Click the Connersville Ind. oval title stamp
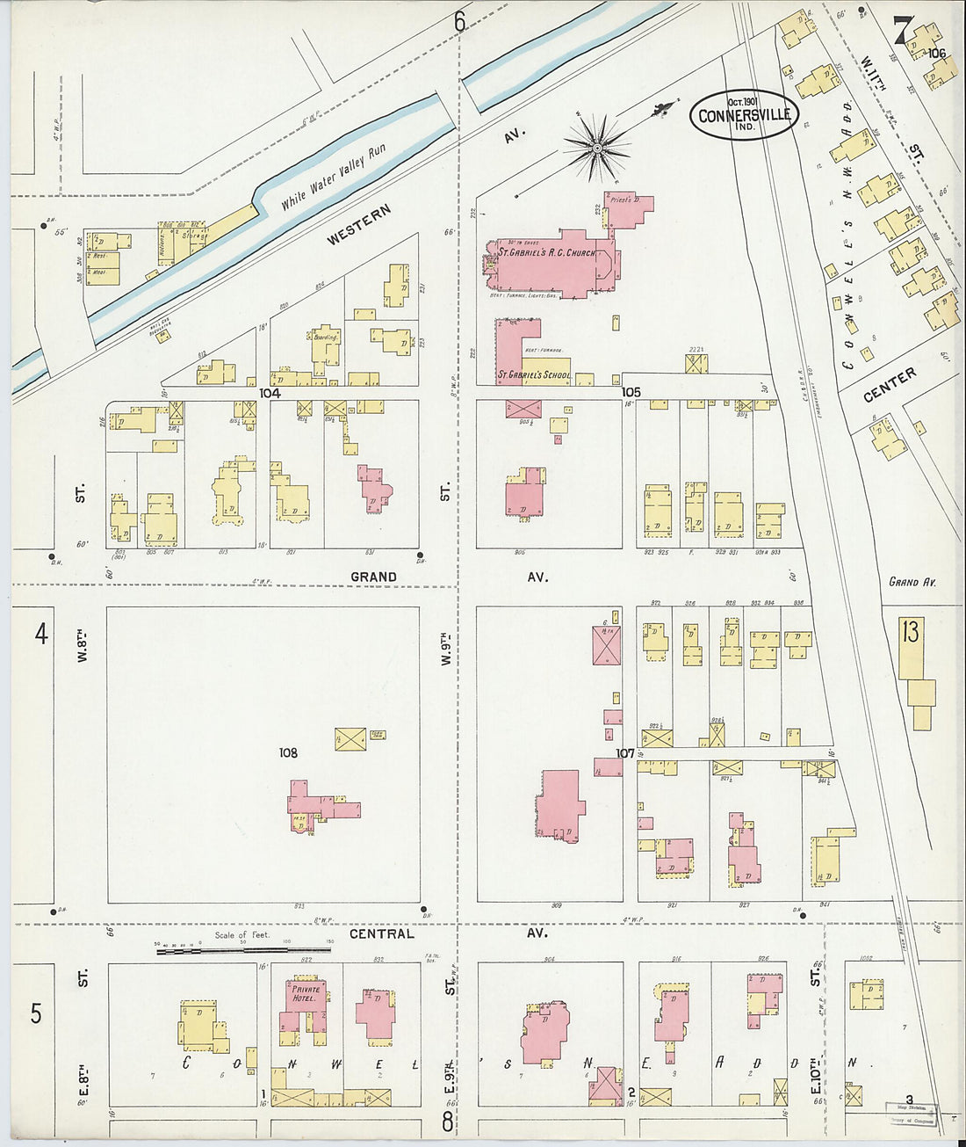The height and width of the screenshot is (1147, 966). pos(745,115)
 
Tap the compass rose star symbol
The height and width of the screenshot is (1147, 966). pos(597,148)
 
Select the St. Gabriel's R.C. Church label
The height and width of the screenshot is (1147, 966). pos(546,253)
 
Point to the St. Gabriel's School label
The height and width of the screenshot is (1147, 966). pos(534,374)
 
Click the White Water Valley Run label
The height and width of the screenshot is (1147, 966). pos(334,178)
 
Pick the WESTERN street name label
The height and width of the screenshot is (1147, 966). pos(358,226)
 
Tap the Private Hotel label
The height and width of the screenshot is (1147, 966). pos(306,993)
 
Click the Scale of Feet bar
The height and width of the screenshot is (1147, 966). pos(243,950)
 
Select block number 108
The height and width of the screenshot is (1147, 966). pos(288,752)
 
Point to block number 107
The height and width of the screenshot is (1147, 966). pos(624,753)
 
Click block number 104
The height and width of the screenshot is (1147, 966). pos(270,394)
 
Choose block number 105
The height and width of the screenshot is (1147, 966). pos(631,392)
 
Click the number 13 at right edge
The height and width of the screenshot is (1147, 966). pos(910,631)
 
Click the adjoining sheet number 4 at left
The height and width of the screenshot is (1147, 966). pos(40,633)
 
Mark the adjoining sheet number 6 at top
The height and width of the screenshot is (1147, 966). pos(459,22)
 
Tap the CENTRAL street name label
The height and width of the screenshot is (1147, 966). pos(381,933)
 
